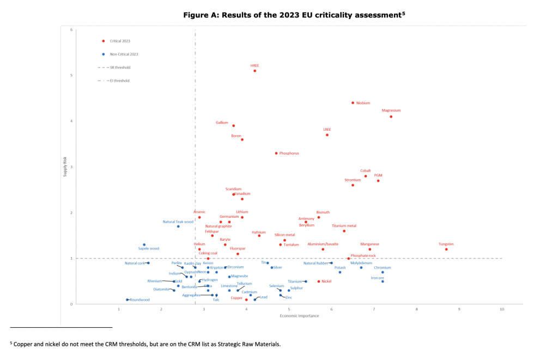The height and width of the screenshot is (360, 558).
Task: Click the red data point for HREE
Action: point(254,71)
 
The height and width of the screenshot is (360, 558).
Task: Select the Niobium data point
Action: point(353,103)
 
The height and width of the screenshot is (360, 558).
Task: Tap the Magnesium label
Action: point(391,111)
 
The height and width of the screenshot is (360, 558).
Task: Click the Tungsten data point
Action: point(446,249)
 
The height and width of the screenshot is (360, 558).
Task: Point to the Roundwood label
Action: point(139,300)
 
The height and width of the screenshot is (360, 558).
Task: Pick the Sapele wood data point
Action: point(144,245)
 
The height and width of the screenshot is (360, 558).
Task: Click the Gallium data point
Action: point(233,126)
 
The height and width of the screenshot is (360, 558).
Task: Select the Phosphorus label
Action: point(289,154)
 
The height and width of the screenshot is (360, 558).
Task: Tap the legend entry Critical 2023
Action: point(120,41)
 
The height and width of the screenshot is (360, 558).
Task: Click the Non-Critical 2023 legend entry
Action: point(124,54)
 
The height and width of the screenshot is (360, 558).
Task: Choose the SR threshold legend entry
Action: point(120,68)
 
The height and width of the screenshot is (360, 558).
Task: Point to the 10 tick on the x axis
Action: point(502,309)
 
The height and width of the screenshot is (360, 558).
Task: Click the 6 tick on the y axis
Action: point(71,29)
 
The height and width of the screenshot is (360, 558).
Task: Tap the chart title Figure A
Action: point(294,15)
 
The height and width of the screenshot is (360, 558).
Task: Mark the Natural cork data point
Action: point(148,263)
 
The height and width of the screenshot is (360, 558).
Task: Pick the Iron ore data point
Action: point(383,282)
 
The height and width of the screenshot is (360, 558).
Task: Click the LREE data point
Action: point(327,135)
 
